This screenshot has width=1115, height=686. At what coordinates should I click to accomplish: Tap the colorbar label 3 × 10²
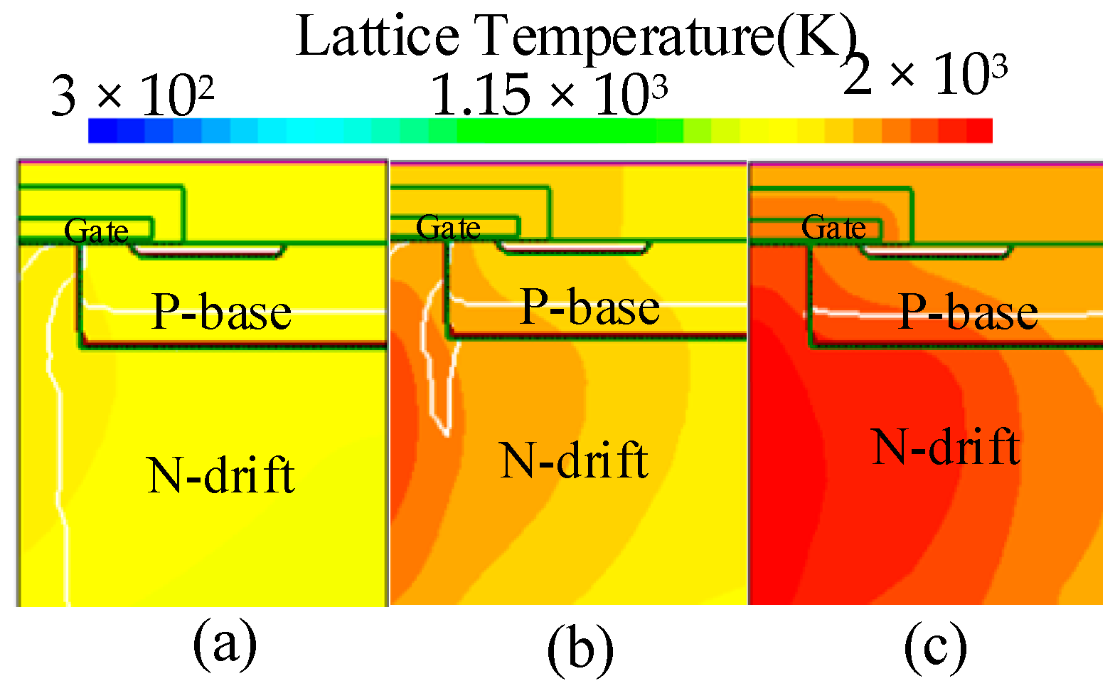[x=132, y=95]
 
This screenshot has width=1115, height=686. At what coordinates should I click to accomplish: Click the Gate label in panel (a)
[x=97, y=231]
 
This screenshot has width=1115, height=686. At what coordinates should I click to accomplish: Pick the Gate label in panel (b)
[x=448, y=228]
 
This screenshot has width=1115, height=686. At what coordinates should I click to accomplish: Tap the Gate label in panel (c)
[x=833, y=228]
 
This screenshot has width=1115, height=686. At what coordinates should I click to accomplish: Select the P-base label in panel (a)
[x=222, y=311]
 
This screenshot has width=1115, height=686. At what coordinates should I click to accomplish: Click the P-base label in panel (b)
[x=590, y=307]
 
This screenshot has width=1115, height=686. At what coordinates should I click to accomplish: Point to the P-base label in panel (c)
[x=969, y=311]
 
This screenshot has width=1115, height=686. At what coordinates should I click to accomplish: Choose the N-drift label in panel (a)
[x=220, y=475]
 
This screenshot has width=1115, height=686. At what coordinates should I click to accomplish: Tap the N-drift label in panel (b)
[x=574, y=460]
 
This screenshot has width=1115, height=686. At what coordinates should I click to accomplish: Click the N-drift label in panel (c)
[x=946, y=446]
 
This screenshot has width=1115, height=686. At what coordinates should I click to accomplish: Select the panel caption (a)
[x=225, y=643]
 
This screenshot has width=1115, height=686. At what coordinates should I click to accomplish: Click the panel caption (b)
[x=580, y=648]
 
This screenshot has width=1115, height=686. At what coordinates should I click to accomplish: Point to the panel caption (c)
[x=935, y=645]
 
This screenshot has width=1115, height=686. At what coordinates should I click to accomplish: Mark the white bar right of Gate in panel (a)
[x=208, y=250]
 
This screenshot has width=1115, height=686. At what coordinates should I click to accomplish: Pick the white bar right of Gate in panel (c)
[x=936, y=250]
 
